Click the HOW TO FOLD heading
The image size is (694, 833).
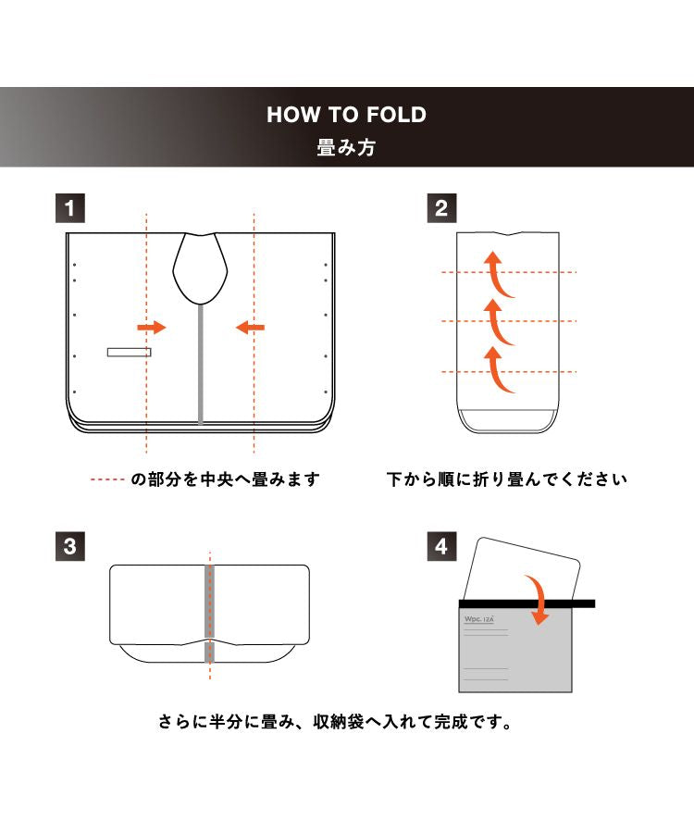[x=346, y=115]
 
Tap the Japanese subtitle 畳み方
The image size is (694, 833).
[x=346, y=148]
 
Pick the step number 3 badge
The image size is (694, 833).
[x=70, y=545]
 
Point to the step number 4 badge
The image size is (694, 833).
[x=441, y=545]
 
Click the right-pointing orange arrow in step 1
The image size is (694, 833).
[x=151, y=327]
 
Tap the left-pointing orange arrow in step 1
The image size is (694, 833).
[x=250, y=327]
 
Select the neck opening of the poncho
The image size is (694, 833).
[x=200, y=267]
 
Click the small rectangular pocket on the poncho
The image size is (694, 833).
[x=129, y=352]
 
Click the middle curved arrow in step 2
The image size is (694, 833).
[x=499, y=320]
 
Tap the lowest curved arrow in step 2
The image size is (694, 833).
[x=499, y=368]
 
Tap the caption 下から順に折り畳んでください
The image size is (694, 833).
[x=507, y=479]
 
